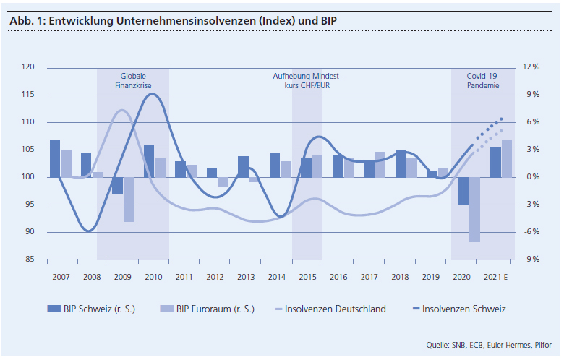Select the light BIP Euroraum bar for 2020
[474, 210]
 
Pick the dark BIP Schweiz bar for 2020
[463, 191]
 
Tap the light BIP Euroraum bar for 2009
[129, 200]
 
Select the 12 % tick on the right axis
[531, 67]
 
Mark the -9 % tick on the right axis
[531, 260]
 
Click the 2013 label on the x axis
[246, 277]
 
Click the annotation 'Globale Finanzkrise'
[133, 80]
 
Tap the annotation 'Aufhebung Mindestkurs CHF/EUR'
[307, 80]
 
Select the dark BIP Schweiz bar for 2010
[149, 160]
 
